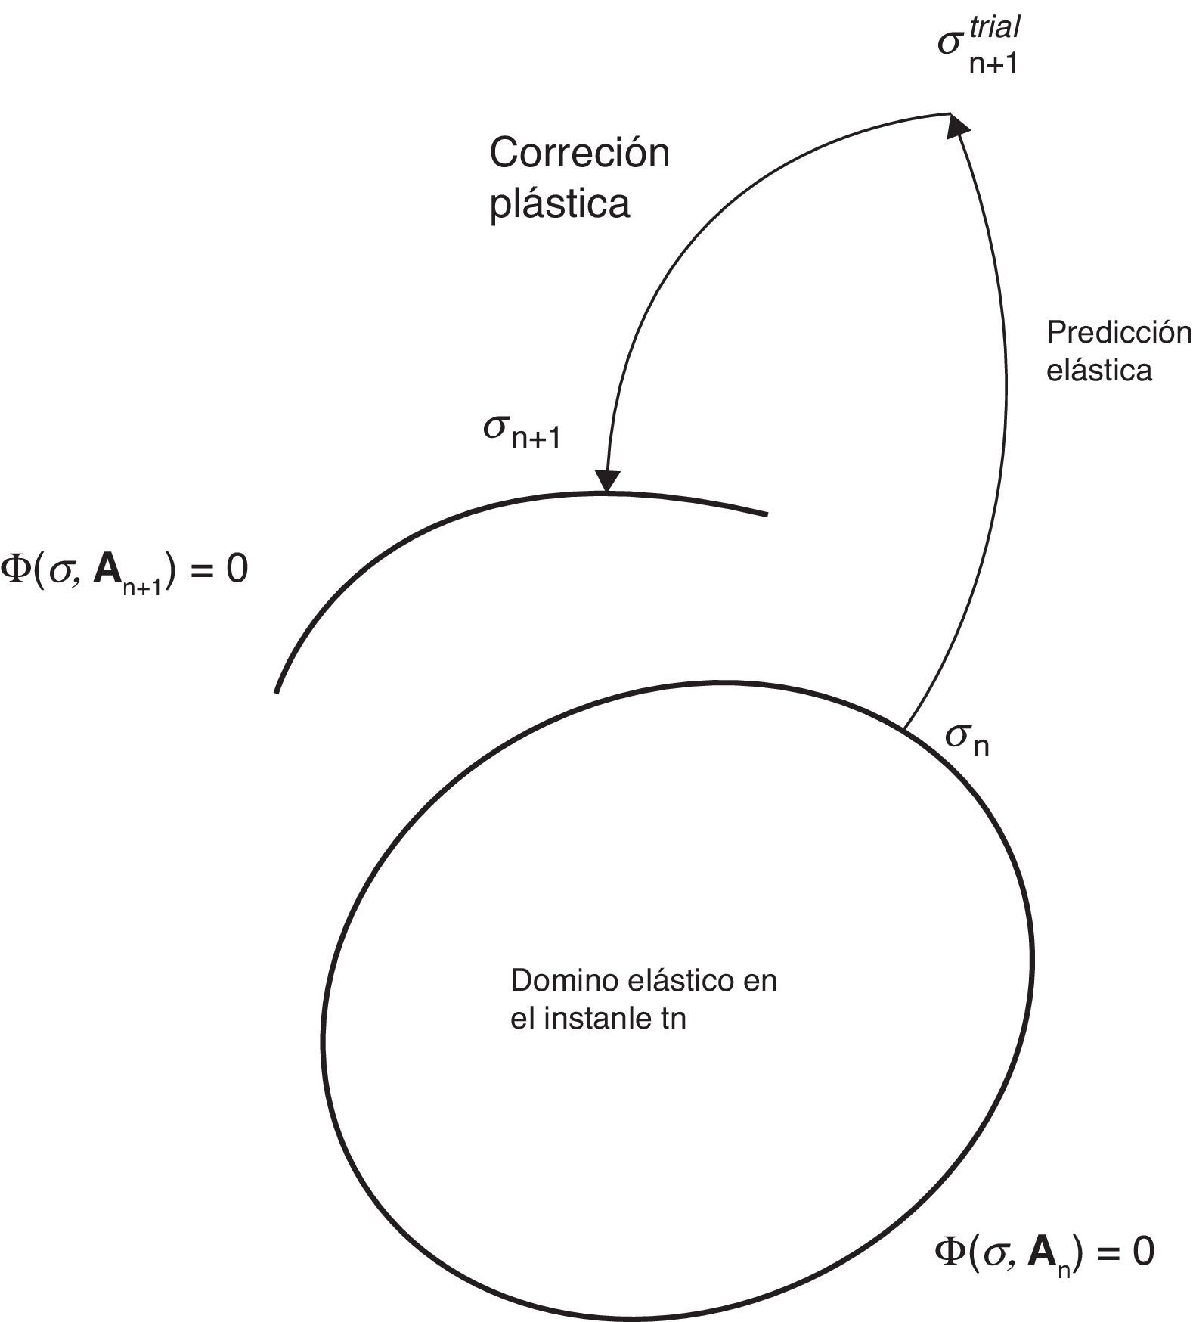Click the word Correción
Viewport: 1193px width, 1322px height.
(579, 154)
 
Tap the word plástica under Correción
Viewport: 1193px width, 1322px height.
(559, 203)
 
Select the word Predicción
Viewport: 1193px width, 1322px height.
(1118, 333)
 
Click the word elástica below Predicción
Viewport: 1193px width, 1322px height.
(1098, 371)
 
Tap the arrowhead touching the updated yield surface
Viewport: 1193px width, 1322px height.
(607, 481)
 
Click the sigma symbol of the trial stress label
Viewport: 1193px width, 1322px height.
(950, 43)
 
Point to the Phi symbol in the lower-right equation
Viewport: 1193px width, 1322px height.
(949, 1253)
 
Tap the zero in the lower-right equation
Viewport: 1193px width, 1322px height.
(1142, 1253)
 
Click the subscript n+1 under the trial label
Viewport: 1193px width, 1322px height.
(993, 64)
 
